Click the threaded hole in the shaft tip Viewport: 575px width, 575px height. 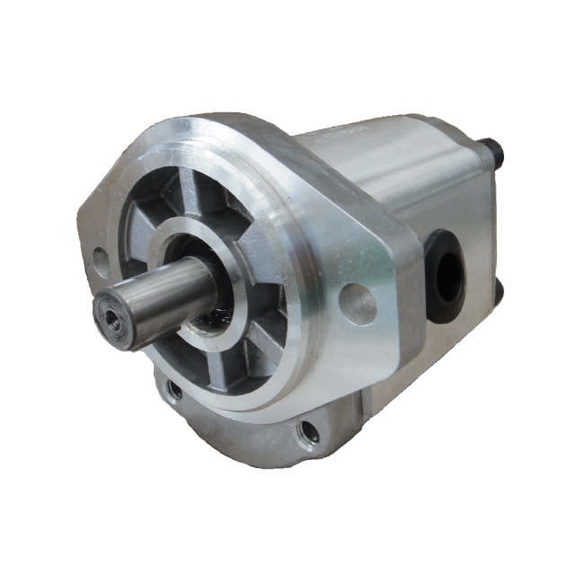pyautogui.click(x=110, y=317)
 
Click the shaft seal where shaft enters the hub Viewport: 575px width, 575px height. pyautogui.click(x=211, y=310)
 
